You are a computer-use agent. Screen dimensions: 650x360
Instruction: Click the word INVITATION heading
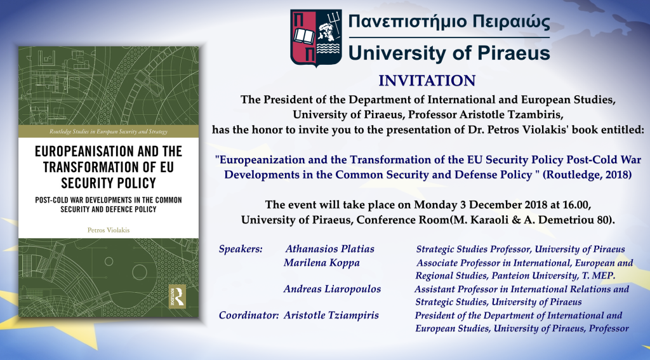point(427,81)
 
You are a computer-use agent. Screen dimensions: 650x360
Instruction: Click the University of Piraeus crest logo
point(316,37)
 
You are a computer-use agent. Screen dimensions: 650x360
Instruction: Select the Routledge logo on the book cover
point(177,296)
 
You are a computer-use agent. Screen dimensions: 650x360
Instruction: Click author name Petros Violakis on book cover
point(109,230)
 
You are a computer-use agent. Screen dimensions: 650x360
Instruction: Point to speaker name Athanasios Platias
point(329,249)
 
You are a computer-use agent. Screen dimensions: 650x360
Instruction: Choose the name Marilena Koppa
point(322,263)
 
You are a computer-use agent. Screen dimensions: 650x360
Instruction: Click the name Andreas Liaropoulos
point(332,289)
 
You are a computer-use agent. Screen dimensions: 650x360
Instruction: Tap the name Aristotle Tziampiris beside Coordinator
point(331,315)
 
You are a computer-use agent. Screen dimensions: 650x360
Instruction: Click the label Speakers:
point(241,250)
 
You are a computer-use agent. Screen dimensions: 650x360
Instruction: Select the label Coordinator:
point(249,315)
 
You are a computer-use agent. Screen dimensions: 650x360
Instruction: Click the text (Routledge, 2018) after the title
point(587,175)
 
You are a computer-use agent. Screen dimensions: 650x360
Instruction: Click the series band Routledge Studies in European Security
point(109,131)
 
